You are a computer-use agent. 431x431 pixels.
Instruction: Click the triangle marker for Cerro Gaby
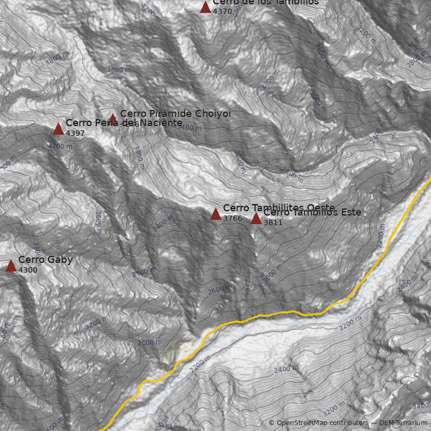11,266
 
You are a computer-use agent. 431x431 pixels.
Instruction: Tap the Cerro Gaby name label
45,260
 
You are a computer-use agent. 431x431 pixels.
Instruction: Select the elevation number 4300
28,270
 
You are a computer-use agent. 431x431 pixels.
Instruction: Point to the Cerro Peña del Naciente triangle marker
58,129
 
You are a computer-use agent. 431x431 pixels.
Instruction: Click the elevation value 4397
75,133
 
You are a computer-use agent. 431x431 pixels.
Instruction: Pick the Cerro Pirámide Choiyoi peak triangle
113,119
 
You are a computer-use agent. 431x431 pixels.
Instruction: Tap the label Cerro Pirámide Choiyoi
175,114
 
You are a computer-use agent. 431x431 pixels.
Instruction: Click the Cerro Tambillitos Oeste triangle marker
215,214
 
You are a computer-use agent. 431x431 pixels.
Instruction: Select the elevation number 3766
233,218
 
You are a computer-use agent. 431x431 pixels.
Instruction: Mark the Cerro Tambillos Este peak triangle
256,218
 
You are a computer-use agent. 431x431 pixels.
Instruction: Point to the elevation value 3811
273,223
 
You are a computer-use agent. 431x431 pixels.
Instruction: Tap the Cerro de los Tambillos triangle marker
205,7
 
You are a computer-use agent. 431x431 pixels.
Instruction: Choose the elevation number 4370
223,11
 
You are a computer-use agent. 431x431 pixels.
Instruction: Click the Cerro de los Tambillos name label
266,2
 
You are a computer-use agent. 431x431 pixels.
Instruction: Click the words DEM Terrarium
402,423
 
